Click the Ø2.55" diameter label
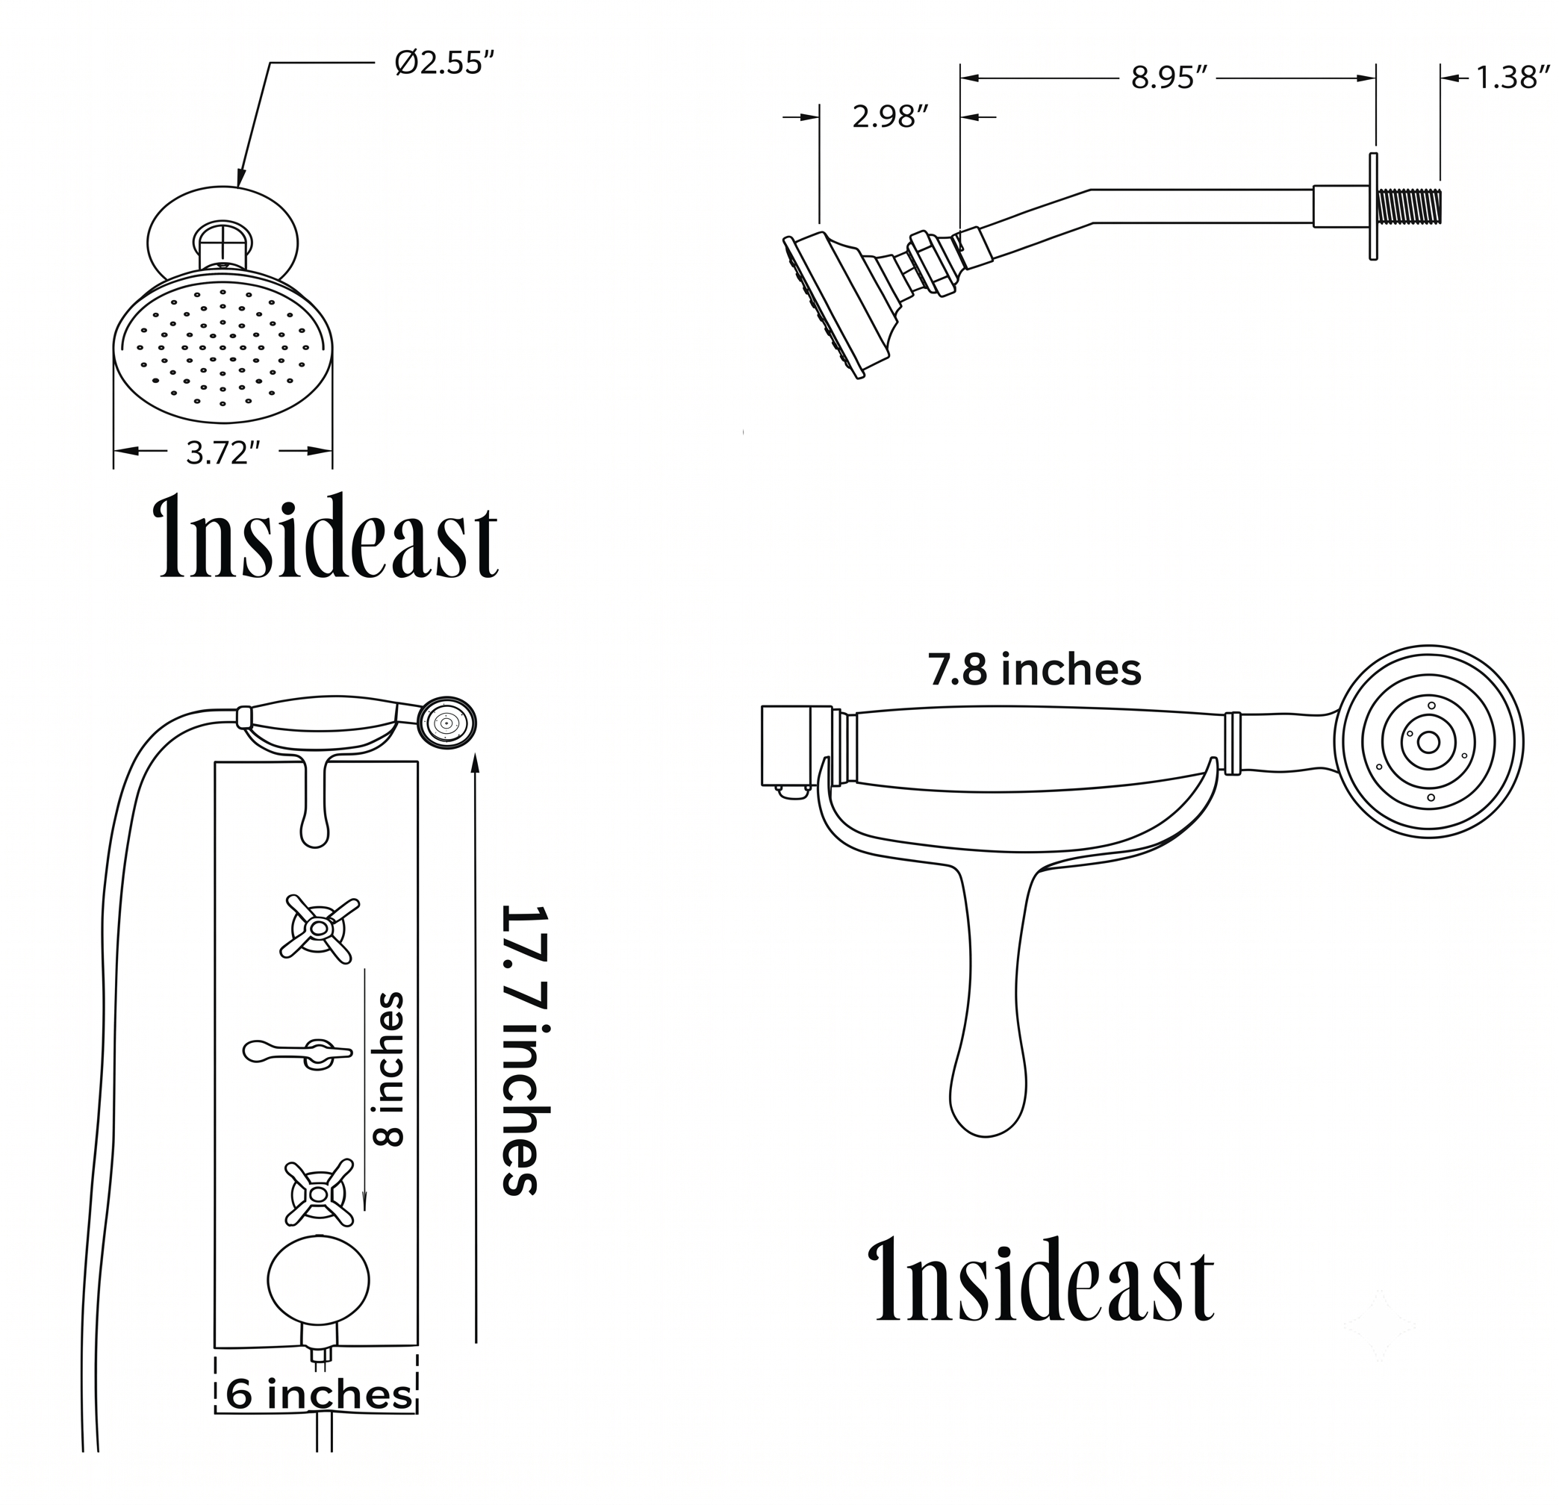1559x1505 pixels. (449, 63)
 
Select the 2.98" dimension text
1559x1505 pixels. (890, 117)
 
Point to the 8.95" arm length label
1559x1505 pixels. (1169, 78)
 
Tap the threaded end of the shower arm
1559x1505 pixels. (1408, 206)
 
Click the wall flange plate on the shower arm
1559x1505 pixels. (1372, 206)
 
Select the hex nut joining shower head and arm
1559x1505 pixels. (930, 264)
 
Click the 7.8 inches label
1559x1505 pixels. (1035, 670)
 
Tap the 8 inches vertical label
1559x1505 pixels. (389, 1068)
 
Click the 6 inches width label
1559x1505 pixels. (319, 1395)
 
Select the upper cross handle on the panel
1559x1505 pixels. (320, 928)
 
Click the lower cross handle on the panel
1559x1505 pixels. (319, 1192)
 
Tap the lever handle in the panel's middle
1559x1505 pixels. (297, 1053)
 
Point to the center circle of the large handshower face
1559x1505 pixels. (1429, 742)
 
